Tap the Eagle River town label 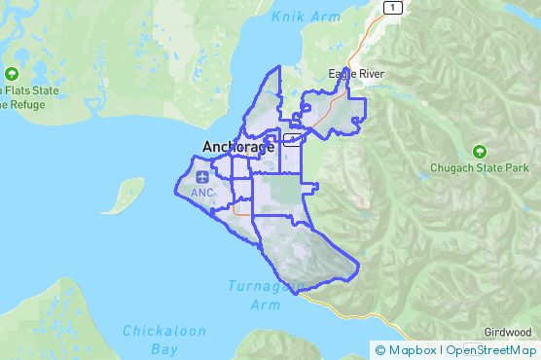[356, 74]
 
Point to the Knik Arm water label [307, 17]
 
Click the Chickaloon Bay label [164, 339]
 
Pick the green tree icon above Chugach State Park [479, 151]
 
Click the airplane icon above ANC [202, 177]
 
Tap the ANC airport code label [202, 193]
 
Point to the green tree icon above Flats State [12, 74]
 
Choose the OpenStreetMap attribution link [491, 350]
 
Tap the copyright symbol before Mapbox [380, 350]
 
